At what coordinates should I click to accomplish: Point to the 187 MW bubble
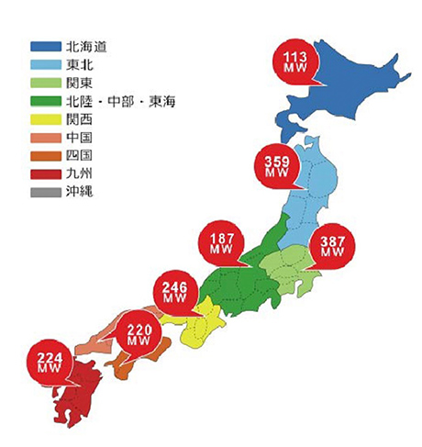221,245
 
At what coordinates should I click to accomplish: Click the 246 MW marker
175,292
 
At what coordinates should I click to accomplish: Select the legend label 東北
82,64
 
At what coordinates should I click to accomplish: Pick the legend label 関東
82,83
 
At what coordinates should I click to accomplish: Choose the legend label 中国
82,138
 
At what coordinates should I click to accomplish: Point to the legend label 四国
82,156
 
